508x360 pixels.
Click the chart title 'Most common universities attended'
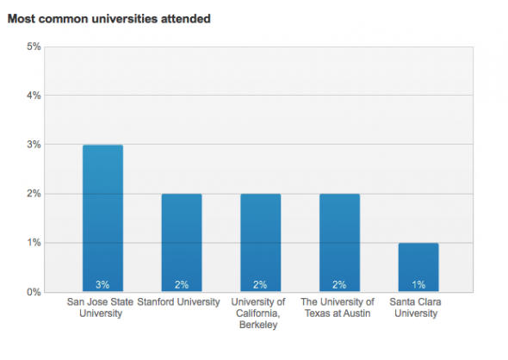[108, 18]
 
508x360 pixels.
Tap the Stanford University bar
[182, 243]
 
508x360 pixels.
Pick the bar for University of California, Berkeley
[260, 243]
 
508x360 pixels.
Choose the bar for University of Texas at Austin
[338, 243]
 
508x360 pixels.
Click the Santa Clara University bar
[418, 267]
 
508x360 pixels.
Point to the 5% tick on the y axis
[34, 47]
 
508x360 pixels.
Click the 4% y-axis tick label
[34, 96]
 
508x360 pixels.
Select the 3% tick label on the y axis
[34, 145]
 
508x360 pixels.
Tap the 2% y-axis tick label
[34, 194]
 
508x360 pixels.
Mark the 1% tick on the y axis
[34, 243]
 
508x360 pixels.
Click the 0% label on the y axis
[34, 292]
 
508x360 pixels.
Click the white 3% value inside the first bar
[102, 284]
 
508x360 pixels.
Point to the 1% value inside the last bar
[418, 284]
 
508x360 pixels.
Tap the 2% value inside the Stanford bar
[182, 284]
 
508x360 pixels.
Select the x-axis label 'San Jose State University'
[101, 308]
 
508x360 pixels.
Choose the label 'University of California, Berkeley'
[260, 313]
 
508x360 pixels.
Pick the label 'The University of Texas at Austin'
[338, 308]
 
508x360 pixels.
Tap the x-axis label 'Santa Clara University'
[418, 308]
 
